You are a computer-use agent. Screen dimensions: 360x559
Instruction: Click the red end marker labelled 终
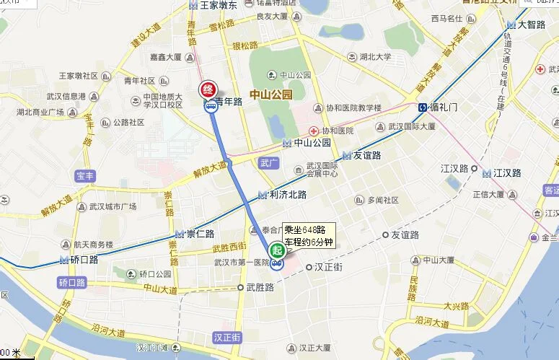(207, 90)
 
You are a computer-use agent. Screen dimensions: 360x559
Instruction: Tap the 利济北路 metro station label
(286, 195)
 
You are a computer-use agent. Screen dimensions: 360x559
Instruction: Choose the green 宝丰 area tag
(85, 175)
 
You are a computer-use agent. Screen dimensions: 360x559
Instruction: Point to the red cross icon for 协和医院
(314, 131)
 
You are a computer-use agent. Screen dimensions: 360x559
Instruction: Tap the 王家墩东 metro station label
(219, 4)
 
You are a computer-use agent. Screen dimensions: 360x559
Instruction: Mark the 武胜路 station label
(260, 287)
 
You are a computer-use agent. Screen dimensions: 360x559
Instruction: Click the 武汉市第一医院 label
(242, 262)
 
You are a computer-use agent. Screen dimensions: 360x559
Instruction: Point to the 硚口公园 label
(155, 274)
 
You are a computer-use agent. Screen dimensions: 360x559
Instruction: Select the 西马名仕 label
(446, 18)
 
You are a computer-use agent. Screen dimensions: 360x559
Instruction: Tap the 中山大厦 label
(441, 260)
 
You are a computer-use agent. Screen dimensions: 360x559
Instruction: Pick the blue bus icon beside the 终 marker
(210, 107)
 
